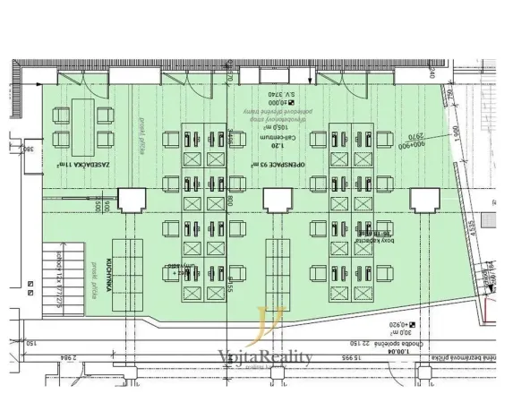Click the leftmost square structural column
pyautogui.click(x=132, y=200)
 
